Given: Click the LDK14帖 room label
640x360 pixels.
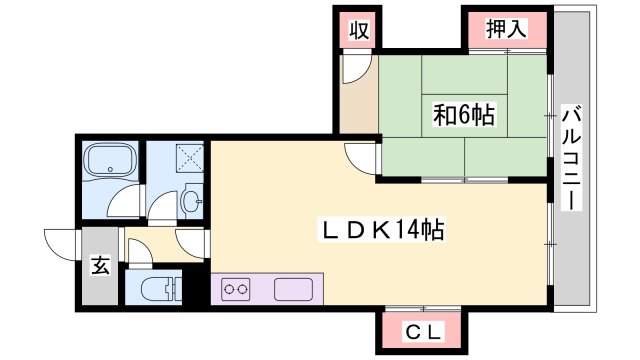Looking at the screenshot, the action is tap(382, 230).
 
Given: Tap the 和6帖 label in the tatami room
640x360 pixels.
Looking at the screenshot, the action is tap(464, 115).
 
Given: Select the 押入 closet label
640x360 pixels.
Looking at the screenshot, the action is tap(506, 29).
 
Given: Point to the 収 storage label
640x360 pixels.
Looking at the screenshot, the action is tap(359, 30).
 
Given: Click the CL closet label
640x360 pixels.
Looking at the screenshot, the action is tap(423, 333).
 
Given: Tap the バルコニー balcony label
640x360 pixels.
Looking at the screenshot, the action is tap(571, 158).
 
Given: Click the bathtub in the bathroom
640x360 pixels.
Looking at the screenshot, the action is tap(110, 161).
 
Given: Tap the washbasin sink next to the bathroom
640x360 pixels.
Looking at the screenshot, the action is tap(191, 200).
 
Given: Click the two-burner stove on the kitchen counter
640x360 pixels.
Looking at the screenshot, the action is tap(236, 289).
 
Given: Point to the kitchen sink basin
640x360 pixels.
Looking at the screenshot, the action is tap(293, 289).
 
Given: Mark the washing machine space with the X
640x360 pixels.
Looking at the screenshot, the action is tap(190, 158).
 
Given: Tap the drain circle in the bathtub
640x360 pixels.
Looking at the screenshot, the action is tap(110, 169).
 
